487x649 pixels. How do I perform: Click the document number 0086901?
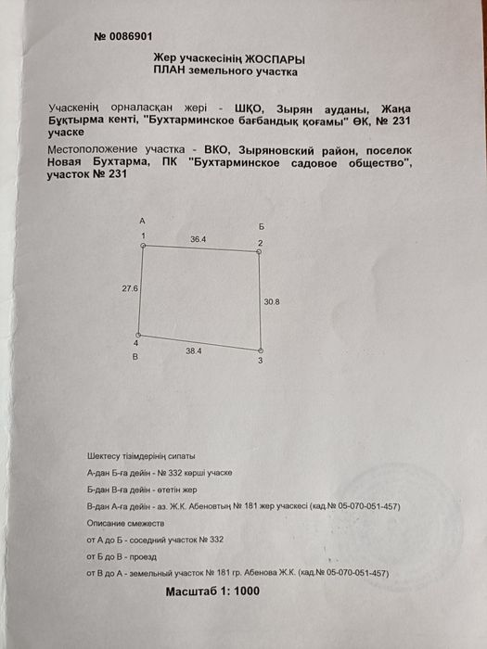tap(123, 37)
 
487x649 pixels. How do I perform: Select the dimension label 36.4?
tap(198, 239)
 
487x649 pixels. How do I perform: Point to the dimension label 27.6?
tap(129, 289)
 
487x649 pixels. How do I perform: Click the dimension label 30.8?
tap(271, 301)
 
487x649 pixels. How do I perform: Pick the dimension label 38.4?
tap(194, 352)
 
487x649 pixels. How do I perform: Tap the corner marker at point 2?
tap(259, 250)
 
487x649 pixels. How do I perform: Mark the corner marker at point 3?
tap(260, 350)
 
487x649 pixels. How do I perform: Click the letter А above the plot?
tap(141, 223)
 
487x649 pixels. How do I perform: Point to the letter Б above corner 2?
tap(263, 227)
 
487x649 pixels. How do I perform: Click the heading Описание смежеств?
tap(124, 523)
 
